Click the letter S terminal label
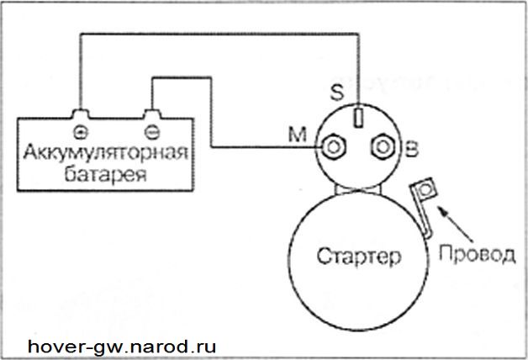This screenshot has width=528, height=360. pos(337,92)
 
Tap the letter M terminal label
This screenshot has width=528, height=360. pos(298,135)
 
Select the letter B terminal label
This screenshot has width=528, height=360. pos(412,150)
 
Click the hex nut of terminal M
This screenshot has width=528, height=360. pos(334,147)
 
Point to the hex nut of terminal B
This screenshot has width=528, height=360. pos(383,147)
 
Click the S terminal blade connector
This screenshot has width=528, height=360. pos(358,116)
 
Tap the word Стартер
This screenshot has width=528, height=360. pos(359,257)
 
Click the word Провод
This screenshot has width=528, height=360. pos(477,254)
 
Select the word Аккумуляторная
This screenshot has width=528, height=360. pos(105,153)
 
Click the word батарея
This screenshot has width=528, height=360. pos(105,174)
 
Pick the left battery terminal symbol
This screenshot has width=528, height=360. pos(80,133)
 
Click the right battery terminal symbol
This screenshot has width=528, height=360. pos(152,132)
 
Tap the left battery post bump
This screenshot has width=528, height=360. pos(80,114)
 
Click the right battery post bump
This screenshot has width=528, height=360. pos(152,114)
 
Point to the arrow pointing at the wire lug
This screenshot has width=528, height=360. pos(455,224)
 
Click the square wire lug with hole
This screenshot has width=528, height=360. pos(425,189)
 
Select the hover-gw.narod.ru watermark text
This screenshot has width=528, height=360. pos(122,347)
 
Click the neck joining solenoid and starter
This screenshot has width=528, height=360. pos(357,189)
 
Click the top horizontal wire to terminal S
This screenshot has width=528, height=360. pos(219,34)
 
